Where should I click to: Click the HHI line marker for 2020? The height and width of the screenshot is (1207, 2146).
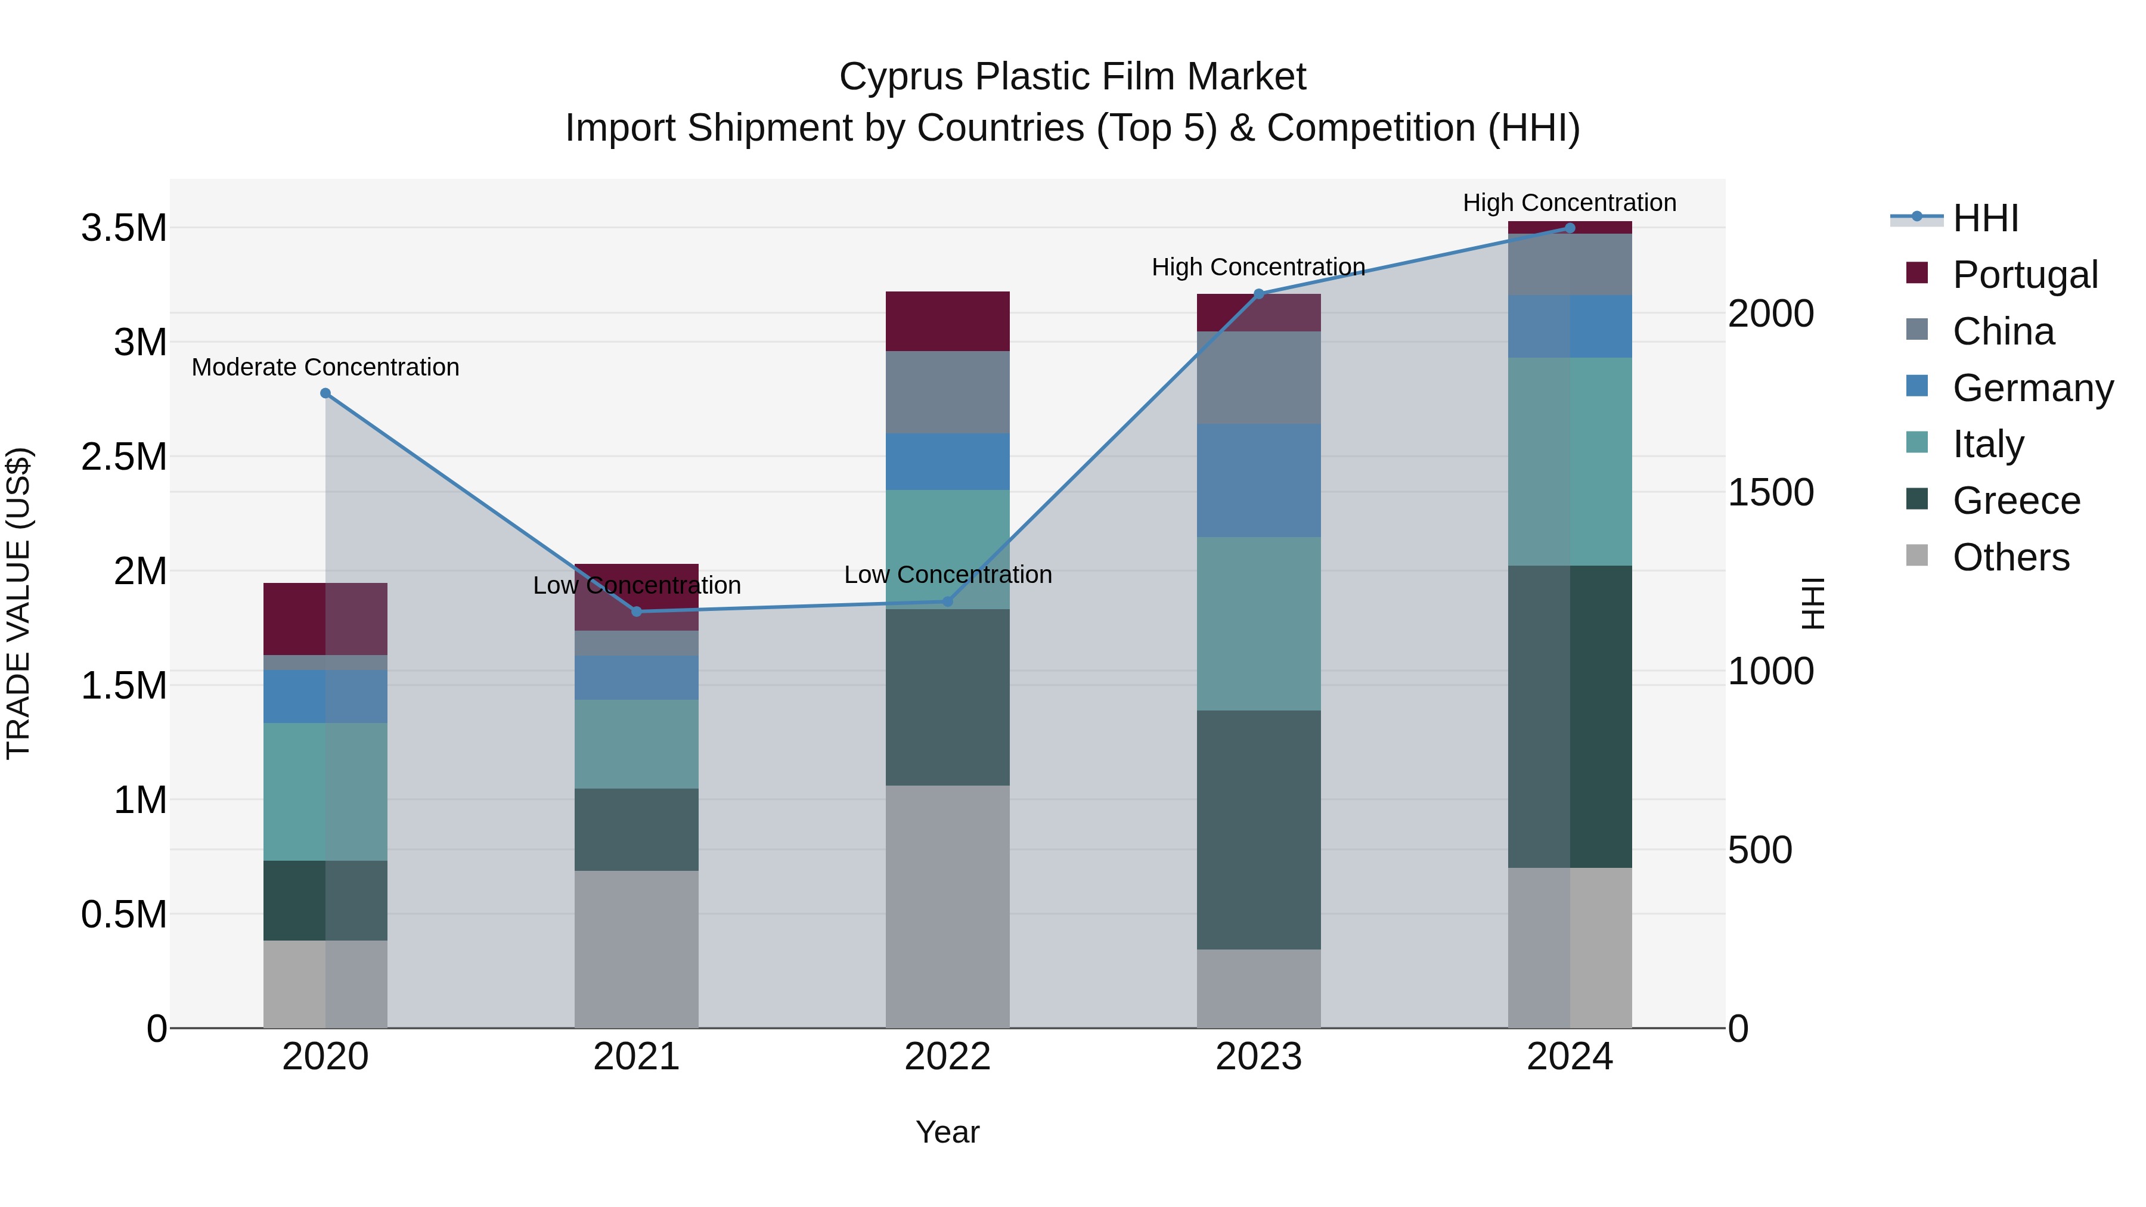coord(325,393)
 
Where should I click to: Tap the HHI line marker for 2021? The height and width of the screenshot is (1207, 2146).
coord(637,612)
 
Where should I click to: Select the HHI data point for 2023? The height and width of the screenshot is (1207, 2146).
coord(1259,293)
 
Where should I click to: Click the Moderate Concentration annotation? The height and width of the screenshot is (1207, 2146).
coord(325,367)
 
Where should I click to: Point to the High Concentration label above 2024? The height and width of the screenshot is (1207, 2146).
coord(1570,203)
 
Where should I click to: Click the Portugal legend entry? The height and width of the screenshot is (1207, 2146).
coord(2024,274)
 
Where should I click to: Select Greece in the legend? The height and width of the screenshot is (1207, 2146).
coord(2016,501)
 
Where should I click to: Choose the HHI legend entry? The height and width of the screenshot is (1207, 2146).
coord(1984,218)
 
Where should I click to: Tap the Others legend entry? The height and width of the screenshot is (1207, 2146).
coord(2010,557)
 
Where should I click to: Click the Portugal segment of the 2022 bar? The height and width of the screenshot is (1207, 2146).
coord(947,321)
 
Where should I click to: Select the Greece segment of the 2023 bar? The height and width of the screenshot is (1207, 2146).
coord(1259,829)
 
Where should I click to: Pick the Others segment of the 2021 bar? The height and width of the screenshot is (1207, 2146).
coord(637,949)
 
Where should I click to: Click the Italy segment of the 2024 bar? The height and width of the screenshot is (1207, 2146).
coord(1570,461)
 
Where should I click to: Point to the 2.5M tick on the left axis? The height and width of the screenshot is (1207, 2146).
coord(124,457)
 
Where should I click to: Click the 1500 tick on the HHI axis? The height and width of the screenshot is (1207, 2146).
coord(1770,492)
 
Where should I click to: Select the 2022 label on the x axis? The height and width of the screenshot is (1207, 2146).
coord(947,1056)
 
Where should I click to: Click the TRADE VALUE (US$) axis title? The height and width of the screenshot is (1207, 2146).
coord(18,603)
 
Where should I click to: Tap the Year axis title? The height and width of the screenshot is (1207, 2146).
coord(947,1132)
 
